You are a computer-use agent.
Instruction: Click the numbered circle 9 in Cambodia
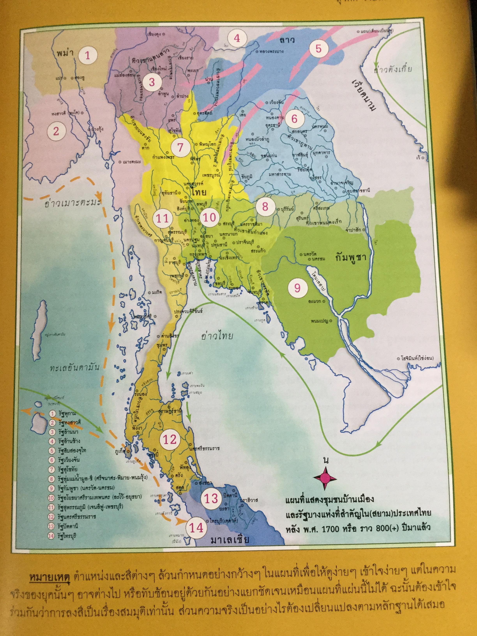(x=297, y=288)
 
